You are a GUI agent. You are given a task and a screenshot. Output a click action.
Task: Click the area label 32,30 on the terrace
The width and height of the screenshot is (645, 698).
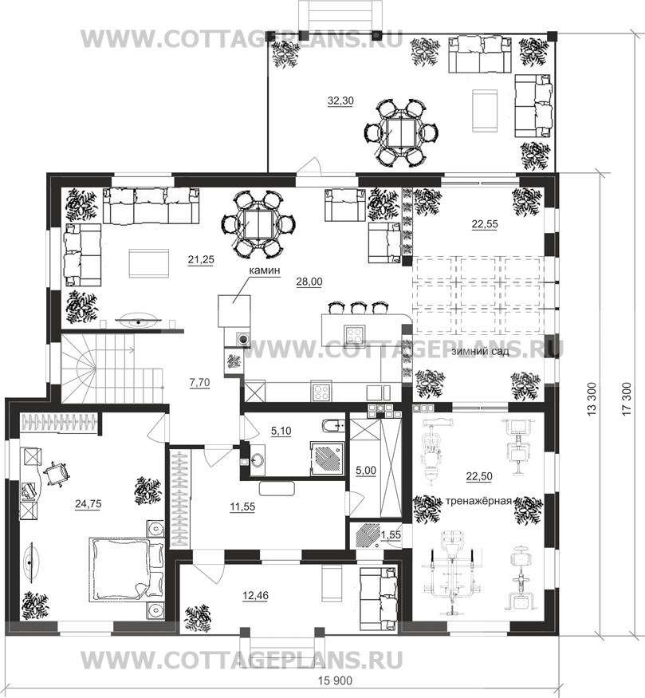[x=340, y=101]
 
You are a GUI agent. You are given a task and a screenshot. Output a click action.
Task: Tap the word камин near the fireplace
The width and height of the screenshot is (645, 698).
[x=264, y=270]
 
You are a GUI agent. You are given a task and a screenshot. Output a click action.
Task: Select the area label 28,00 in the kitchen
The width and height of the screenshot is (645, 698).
[x=309, y=282]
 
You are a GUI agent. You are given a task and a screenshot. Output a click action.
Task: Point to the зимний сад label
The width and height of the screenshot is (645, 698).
[x=480, y=351]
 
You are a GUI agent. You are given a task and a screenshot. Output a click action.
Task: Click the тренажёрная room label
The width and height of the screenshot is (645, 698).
[x=478, y=501]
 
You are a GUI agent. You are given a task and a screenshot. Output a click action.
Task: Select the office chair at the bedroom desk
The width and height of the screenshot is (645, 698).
[x=57, y=473]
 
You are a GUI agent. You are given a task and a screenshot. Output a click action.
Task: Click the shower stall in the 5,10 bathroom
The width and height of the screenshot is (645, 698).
[x=327, y=459]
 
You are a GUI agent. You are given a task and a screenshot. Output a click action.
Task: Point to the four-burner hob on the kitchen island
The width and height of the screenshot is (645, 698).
[x=355, y=332]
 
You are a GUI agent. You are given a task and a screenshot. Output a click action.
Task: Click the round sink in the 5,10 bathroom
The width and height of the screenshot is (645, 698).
[x=257, y=459]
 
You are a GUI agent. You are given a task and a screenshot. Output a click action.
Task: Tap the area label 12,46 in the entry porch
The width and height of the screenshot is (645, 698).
[x=256, y=595]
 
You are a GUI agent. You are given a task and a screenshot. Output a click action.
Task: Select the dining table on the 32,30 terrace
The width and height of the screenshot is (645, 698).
[x=402, y=132]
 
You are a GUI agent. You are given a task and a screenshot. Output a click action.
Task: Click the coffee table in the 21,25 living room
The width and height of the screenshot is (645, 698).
[x=149, y=263]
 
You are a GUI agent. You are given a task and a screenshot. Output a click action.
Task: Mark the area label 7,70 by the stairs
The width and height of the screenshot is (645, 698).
[x=200, y=382]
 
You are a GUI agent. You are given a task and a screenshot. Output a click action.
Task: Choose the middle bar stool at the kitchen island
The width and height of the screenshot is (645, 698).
[x=357, y=308]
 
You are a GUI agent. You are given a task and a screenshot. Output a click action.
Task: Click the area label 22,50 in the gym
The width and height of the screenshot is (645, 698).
[x=479, y=476]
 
